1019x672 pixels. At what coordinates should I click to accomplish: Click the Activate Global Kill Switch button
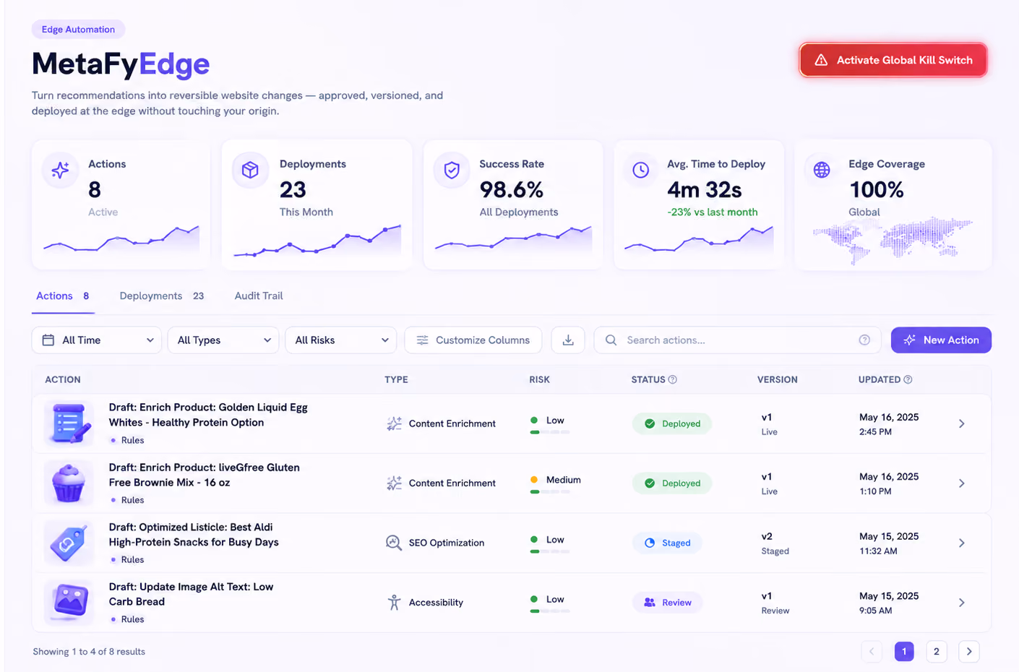coord(893,60)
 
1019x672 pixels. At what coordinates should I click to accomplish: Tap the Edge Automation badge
coord(78,30)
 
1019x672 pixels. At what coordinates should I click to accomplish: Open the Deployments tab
coord(161,296)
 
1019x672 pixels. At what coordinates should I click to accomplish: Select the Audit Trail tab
coord(259,296)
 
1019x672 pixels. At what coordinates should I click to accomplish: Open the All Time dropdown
coord(96,340)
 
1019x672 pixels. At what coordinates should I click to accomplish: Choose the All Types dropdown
coord(223,340)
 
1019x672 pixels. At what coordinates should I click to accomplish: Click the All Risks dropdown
coord(340,340)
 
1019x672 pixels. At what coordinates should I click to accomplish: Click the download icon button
coord(568,340)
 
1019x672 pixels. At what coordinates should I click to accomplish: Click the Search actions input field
coord(737,340)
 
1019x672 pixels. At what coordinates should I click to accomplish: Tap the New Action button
coord(941,340)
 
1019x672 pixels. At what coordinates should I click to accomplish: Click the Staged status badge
coord(667,543)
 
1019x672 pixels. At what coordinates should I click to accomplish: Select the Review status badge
coord(667,603)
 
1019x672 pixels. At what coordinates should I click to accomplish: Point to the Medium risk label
coord(563,480)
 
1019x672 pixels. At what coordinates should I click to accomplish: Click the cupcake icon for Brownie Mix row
coord(69,483)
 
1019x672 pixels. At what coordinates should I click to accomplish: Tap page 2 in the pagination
coord(936,652)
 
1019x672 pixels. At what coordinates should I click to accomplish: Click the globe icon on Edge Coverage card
coord(822,170)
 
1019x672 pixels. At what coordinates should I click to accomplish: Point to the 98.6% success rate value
coord(512,190)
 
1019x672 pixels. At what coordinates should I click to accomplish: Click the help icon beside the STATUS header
coord(672,379)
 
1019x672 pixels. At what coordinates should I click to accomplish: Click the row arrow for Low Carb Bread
coord(962,603)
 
